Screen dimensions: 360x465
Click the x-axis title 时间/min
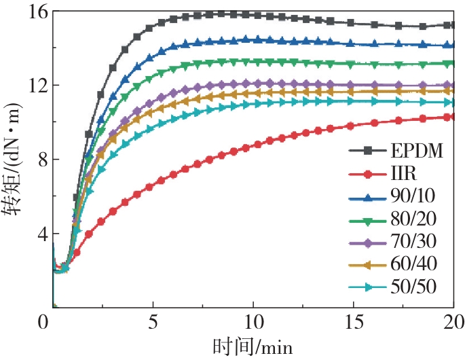coord(253,346)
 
